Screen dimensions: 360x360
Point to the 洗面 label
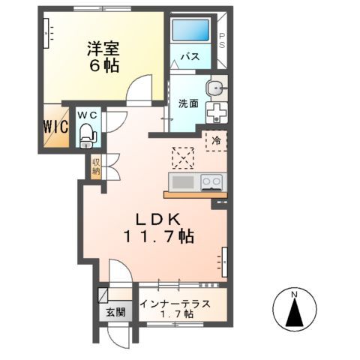point(188,103)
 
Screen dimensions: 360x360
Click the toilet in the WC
point(87,136)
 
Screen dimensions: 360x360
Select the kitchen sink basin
point(182,181)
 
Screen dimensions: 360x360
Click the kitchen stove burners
point(210,181)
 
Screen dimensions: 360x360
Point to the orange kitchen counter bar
point(193,195)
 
